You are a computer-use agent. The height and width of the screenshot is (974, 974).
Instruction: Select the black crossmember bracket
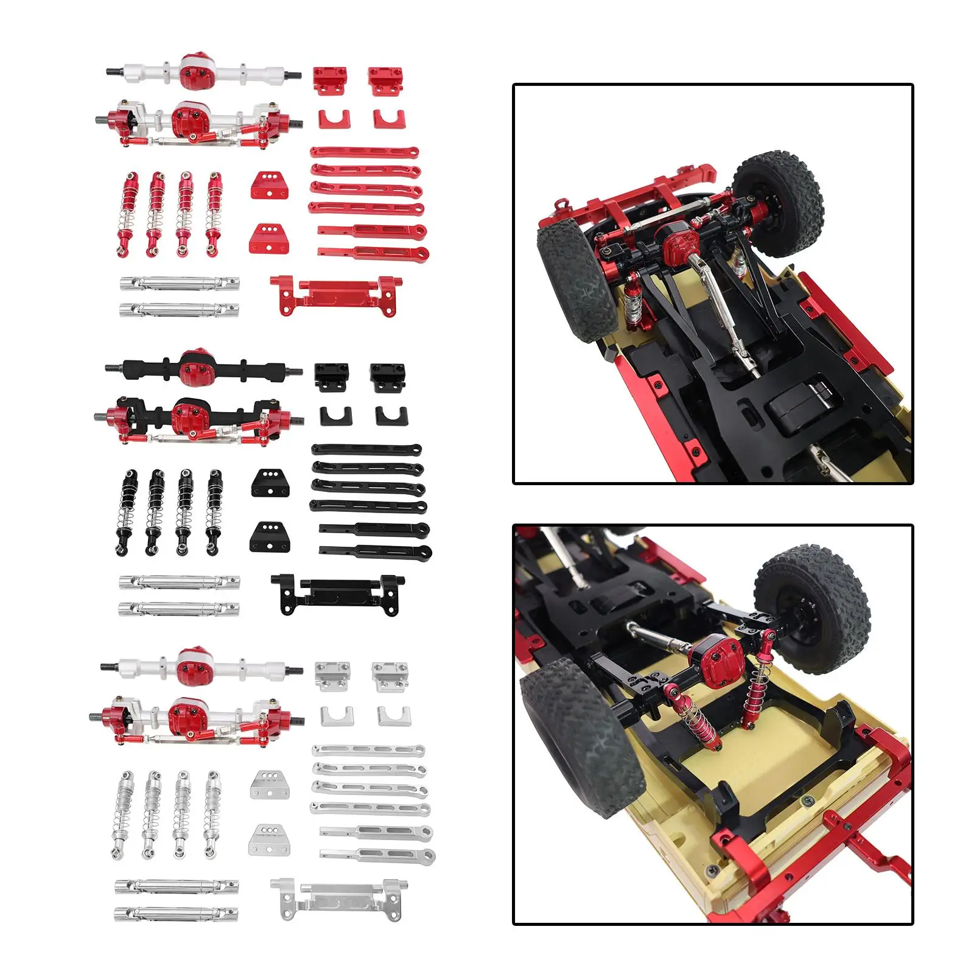(335, 593)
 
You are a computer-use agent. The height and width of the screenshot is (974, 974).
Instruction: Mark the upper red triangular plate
(270, 184)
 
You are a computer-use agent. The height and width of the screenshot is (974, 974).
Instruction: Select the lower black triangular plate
(268, 536)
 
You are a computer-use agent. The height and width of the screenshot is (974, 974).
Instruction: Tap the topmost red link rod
(364, 152)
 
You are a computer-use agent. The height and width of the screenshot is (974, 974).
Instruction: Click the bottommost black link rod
(375, 552)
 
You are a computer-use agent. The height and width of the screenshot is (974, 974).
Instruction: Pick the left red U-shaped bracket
(335, 118)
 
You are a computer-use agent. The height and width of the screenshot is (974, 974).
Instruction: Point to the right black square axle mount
(388, 377)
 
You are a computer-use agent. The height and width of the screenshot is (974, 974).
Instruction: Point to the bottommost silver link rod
(377, 855)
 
